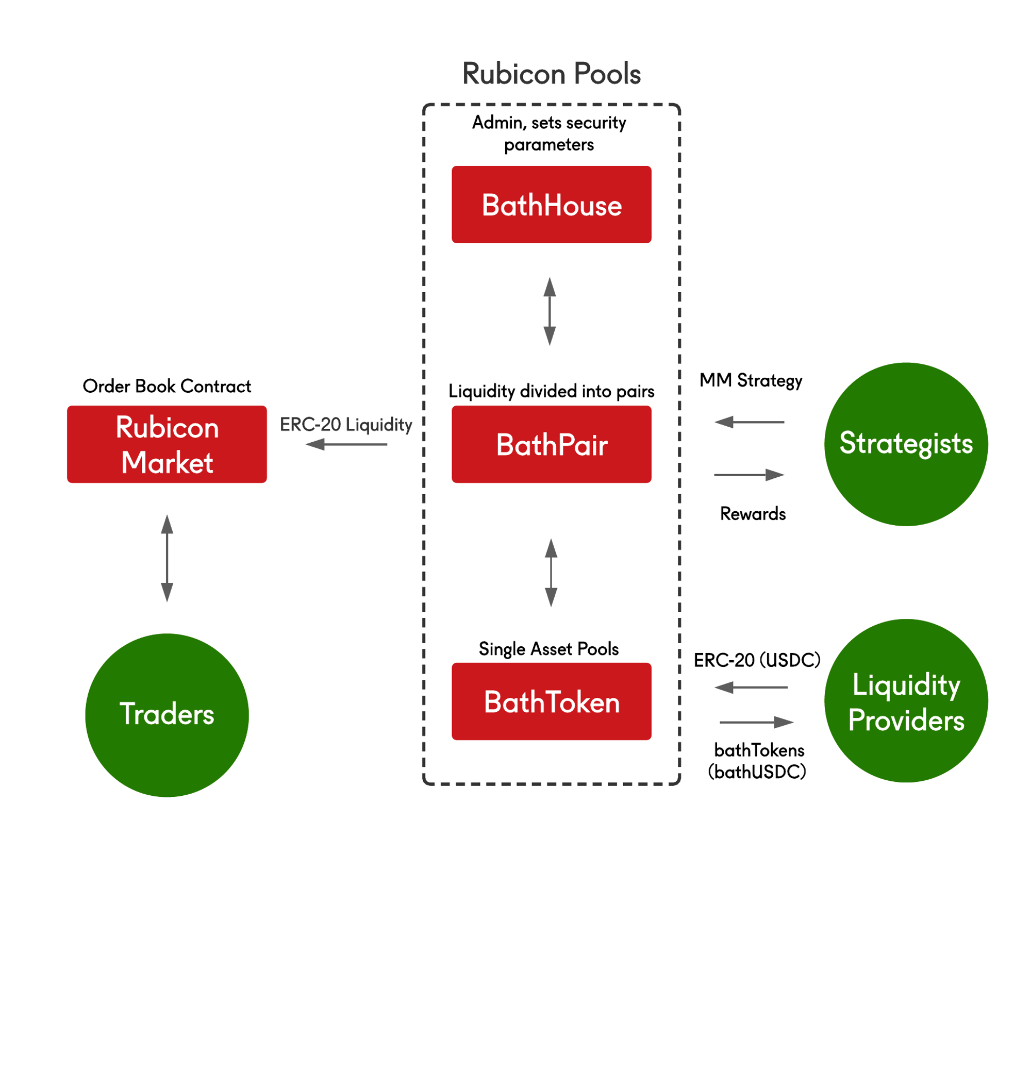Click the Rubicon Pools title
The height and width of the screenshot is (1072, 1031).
[x=551, y=74]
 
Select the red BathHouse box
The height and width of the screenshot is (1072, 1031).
[x=551, y=205]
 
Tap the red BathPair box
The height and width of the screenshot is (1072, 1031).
[x=551, y=444]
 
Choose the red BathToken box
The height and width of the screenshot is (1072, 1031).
[x=551, y=701]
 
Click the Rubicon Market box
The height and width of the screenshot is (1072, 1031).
[x=167, y=444]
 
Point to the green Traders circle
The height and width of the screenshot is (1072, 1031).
[x=167, y=715]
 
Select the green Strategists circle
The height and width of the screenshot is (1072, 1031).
[x=906, y=444]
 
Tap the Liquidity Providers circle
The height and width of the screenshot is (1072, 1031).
[x=906, y=700]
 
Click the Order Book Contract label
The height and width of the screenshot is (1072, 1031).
[x=167, y=386]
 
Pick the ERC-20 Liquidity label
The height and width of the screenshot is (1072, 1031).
[x=346, y=425]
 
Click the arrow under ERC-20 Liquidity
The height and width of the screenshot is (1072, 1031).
[x=346, y=444]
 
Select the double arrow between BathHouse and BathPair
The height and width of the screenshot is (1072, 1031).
[x=550, y=311]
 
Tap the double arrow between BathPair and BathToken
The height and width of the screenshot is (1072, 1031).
[x=551, y=572]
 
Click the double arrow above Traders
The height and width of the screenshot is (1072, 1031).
[x=167, y=558]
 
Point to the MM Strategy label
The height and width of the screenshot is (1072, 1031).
[x=751, y=380]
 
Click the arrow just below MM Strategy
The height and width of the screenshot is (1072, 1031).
[x=749, y=422]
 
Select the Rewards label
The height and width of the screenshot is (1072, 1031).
[x=753, y=513]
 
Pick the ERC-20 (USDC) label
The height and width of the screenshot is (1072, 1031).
[x=756, y=660]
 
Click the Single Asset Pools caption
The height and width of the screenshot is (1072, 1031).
[x=548, y=649]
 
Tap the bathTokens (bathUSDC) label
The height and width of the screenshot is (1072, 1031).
[x=758, y=761]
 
